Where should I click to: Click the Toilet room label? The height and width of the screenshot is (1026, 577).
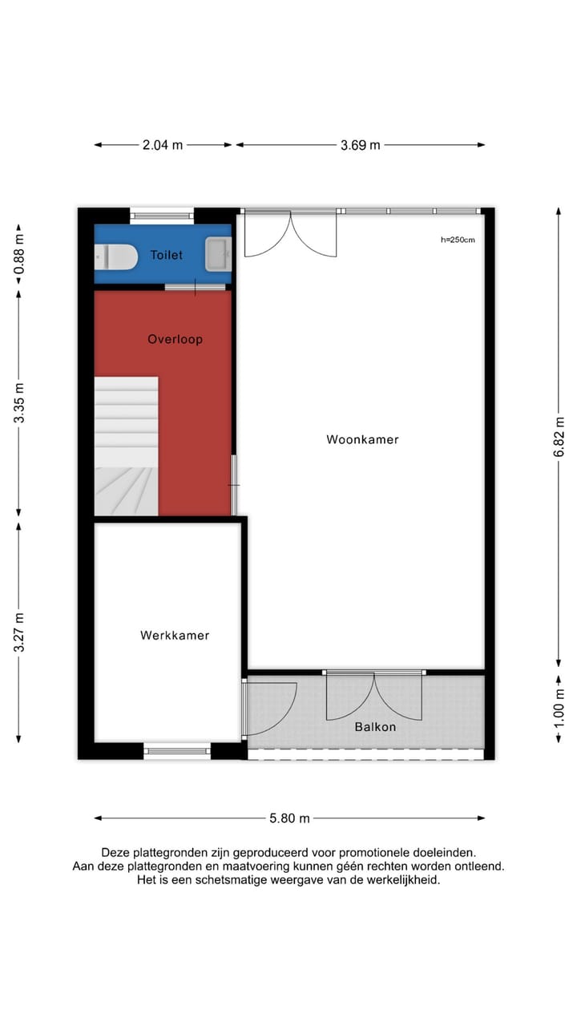pos(166,255)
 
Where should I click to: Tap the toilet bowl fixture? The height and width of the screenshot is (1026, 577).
pos(115,256)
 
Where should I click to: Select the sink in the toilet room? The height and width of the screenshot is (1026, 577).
pos(218,254)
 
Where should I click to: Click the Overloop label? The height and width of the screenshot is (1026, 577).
pos(175,339)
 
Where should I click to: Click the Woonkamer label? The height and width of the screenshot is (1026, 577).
pos(362,439)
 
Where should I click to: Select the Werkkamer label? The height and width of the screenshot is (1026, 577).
pos(175,636)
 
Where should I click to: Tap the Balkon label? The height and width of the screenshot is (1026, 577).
pos(375,727)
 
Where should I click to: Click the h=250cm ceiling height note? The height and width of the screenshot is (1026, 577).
pos(458,240)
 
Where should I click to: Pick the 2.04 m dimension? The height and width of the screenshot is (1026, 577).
pos(163,145)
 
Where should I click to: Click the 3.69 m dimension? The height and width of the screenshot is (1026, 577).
pos(360,145)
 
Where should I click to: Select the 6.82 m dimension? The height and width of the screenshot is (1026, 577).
pos(559,436)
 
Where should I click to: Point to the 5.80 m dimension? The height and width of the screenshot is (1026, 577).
pos(289,818)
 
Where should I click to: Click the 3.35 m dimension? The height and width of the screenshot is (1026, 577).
pos(19,403)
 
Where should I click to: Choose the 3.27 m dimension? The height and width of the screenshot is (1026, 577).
pos(19,632)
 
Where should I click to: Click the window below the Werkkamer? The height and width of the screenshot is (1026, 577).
pos(177,751)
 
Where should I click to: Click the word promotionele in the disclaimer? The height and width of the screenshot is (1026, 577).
pos(367,852)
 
